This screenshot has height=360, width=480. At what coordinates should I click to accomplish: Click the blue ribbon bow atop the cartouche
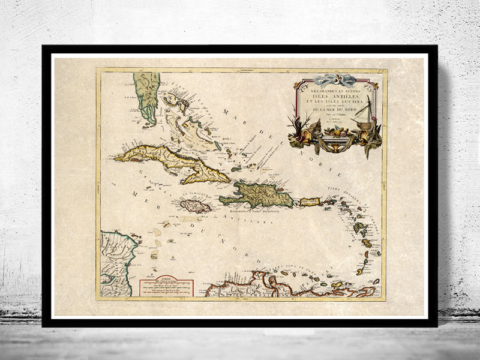[x=336, y=79]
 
